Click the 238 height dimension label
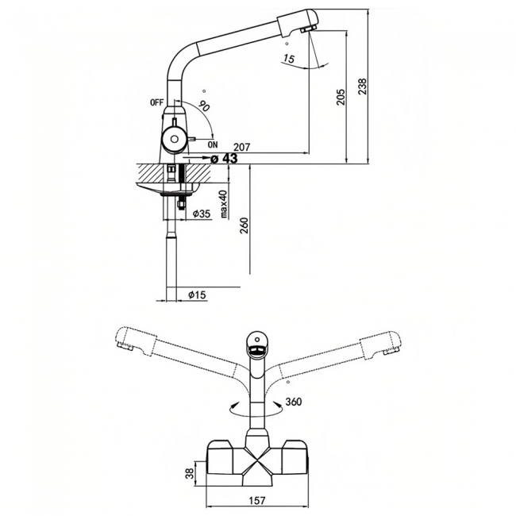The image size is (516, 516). [x=362, y=87]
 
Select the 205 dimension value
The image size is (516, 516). [x=341, y=97]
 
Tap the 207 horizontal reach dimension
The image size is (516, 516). [x=242, y=147]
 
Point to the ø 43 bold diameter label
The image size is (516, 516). [x=224, y=159]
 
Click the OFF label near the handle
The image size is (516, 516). [x=156, y=102]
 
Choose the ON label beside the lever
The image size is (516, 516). [x=213, y=144]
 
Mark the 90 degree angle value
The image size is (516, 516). [x=204, y=106]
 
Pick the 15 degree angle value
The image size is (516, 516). [x=289, y=59]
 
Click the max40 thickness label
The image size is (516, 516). [x=224, y=204]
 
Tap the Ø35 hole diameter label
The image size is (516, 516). [x=202, y=214]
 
